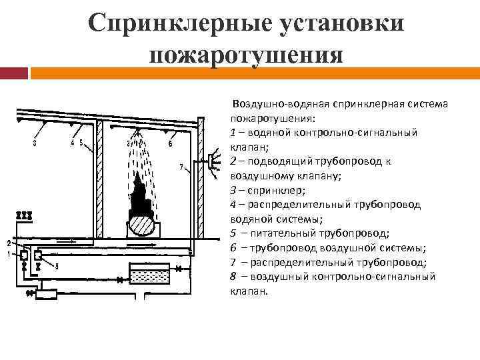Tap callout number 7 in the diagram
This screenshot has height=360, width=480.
click(x=181, y=167)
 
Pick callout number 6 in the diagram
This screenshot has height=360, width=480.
click(x=171, y=143)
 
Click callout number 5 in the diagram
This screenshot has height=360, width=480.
click(x=81, y=142)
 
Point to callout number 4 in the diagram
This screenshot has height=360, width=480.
click(x=72, y=142)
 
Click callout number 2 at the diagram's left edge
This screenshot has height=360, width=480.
click(x=9, y=242)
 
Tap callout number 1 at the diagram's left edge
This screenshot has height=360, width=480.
click(x=9, y=253)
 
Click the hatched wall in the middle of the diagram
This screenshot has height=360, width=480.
click(x=98, y=180)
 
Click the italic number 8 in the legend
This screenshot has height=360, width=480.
click(x=233, y=276)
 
